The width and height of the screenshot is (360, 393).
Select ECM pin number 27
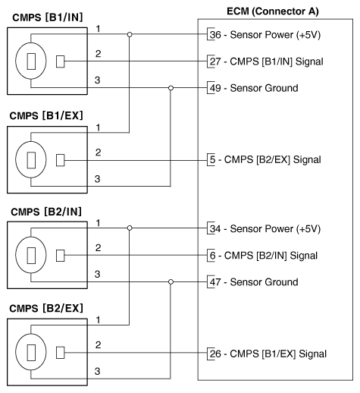(x=214, y=61)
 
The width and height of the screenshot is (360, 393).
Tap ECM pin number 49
(x=214, y=88)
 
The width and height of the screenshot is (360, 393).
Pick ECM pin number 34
(x=214, y=228)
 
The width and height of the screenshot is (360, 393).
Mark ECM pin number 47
(x=214, y=281)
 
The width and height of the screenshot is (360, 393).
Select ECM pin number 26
(x=214, y=353)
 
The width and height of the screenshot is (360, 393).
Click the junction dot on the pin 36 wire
(x=130, y=34)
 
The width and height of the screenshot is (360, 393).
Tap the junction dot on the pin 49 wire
(x=171, y=88)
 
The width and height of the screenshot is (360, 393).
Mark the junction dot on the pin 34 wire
(x=130, y=228)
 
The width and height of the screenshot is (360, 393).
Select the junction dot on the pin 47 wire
(x=171, y=281)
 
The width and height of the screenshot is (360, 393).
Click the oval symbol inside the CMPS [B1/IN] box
(x=30, y=61)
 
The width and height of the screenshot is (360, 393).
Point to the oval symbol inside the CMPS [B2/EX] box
(x=30, y=353)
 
